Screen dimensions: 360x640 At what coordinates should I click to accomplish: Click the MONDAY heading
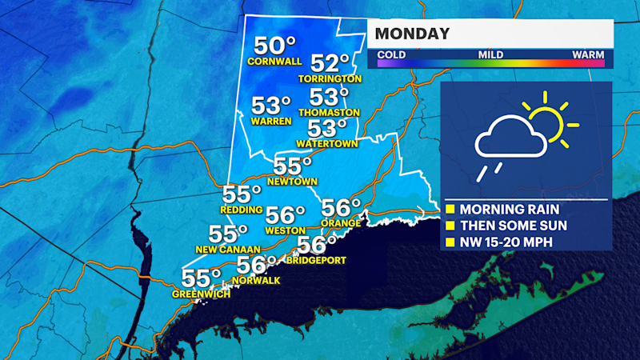pos(412,34)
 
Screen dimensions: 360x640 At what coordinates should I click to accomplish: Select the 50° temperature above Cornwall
pos(274,46)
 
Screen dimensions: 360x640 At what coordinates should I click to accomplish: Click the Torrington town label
pos(330,79)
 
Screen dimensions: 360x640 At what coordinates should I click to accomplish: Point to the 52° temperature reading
pos(330,63)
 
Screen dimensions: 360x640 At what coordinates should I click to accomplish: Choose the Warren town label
pos(270,122)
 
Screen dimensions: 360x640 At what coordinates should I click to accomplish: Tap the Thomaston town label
pos(329,113)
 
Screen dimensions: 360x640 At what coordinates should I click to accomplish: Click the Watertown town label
pos(326,144)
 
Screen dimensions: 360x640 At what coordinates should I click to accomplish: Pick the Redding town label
pos(242,210)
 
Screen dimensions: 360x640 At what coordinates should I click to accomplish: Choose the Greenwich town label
pos(201,294)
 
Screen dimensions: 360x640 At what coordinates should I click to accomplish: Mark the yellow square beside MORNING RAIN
pos(450,209)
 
